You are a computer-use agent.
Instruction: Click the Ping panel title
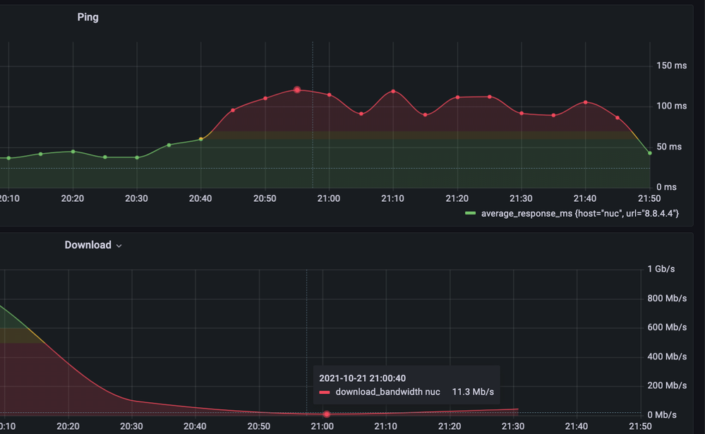[x=88, y=17]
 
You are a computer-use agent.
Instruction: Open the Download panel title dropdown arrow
[x=119, y=246]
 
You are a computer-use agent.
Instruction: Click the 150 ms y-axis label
[x=671, y=66]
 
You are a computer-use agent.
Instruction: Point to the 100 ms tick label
[x=671, y=106]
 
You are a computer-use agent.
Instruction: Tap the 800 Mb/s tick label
[x=667, y=299]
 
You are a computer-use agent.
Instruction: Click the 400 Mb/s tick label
[x=667, y=356]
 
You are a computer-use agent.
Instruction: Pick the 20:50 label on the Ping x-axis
[x=265, y=198]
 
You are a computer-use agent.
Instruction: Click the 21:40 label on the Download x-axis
[x=577, y=426]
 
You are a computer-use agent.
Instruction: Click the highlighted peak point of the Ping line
[x=297, y=90]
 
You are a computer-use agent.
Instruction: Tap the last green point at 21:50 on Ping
[x=649, y=152]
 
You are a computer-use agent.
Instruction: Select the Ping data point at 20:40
[x=201, y=139]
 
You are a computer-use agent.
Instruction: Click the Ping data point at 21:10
[x=393, y=91]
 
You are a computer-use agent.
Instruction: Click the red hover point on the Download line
[x=326, y=414]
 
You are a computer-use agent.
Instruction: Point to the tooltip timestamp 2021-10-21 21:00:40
[x=362, y=378]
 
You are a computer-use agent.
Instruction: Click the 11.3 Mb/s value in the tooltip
[x=473, y=392]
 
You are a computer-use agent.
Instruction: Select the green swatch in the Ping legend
[x=471, y=213]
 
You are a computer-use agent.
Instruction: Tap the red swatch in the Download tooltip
[x=325, y=392]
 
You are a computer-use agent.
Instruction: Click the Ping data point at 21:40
[x=585, y=102]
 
